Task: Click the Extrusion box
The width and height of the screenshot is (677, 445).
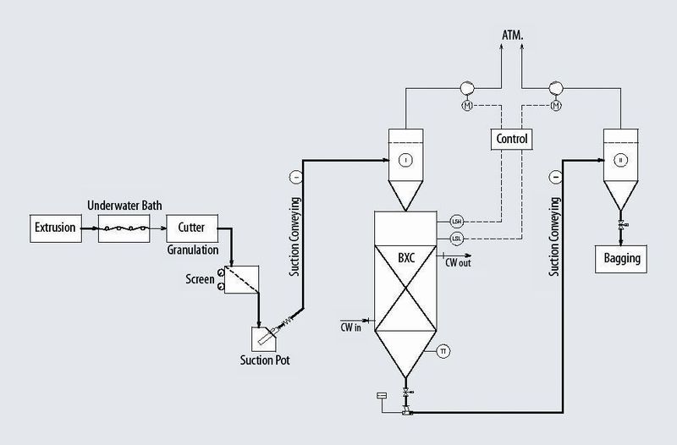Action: (55, 227)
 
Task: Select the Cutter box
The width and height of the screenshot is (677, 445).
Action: (191, 227)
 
